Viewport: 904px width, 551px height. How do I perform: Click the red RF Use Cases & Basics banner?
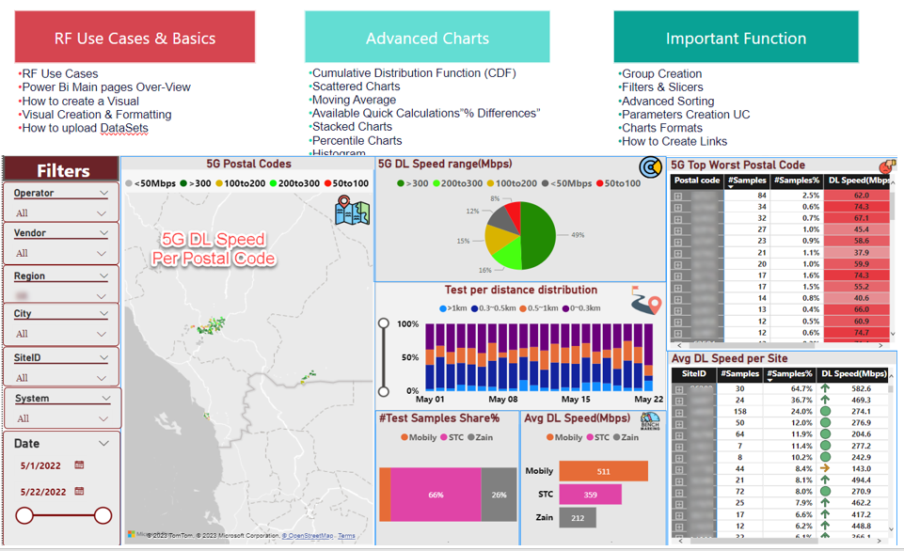(135, 38)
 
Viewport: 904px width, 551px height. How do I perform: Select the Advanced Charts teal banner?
(427, 38)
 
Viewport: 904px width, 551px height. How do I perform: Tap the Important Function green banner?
(736, 38)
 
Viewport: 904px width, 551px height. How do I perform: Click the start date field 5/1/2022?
(43, 465)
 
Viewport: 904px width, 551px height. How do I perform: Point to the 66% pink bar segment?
(435, 495)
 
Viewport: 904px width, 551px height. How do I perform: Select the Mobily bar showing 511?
(602, 471)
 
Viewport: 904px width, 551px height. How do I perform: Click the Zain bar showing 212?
(577, 516)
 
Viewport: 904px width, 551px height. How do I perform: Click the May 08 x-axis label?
(500, 399)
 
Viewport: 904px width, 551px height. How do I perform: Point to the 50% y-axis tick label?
(409, 358)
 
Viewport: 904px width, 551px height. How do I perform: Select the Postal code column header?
(697, 181)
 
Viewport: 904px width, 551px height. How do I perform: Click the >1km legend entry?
(455, 308)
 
